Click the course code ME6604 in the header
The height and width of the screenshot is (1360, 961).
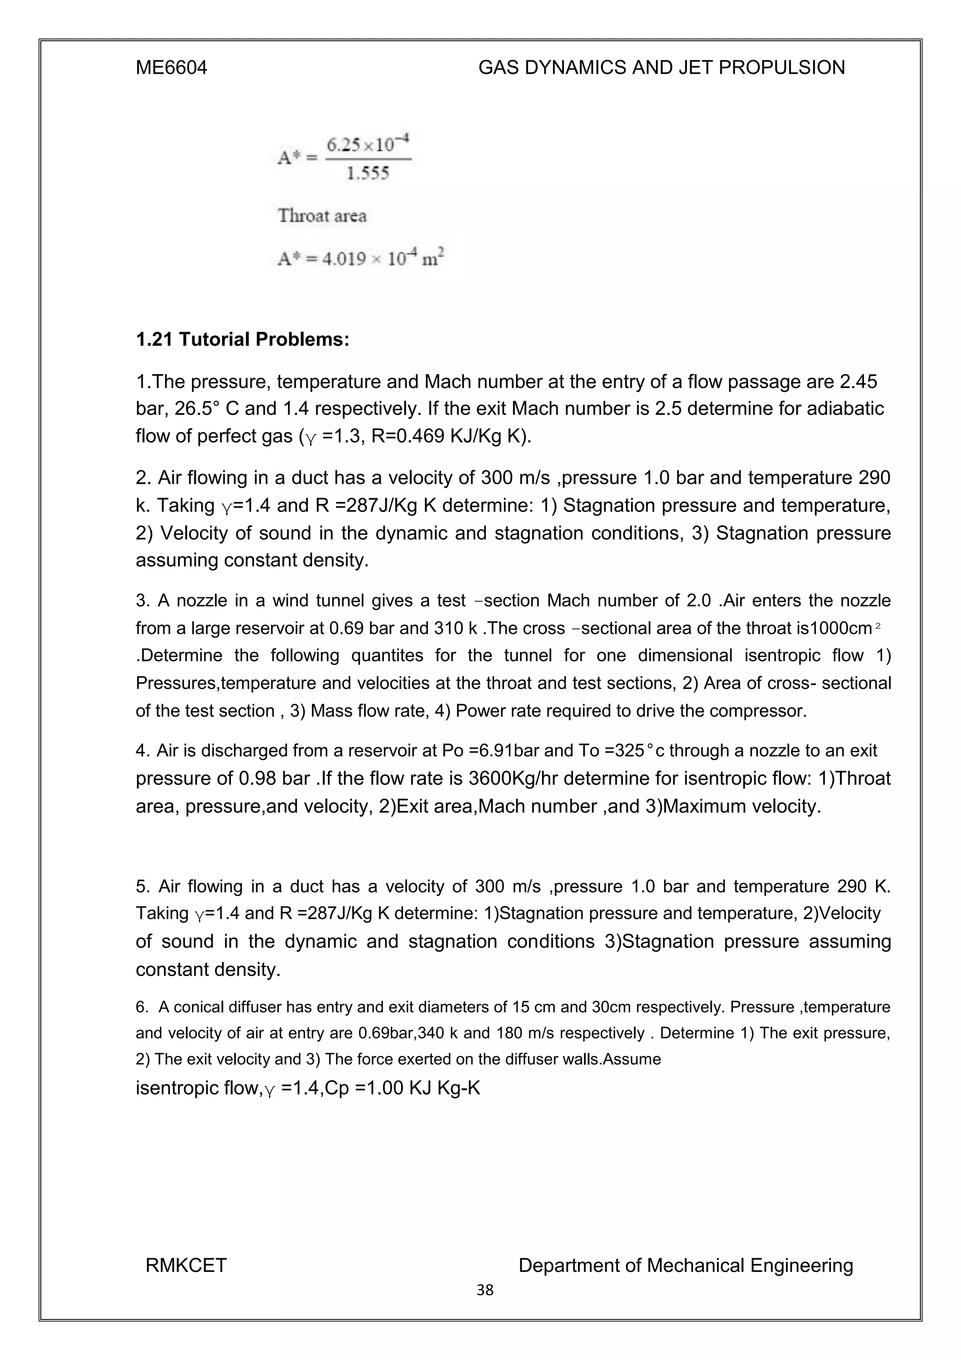pyautogui.click(x=171, y=68)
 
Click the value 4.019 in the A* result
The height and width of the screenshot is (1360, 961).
pyautogui.click(x=343, y=259)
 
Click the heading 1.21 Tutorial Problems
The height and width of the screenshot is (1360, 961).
pyautogui.click(x=242, y=339)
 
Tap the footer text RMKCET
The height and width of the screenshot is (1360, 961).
pyautogui.click(x=186, y=1266)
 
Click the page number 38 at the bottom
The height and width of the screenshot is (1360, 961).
pyautogui.click(x=485, y=1290)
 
